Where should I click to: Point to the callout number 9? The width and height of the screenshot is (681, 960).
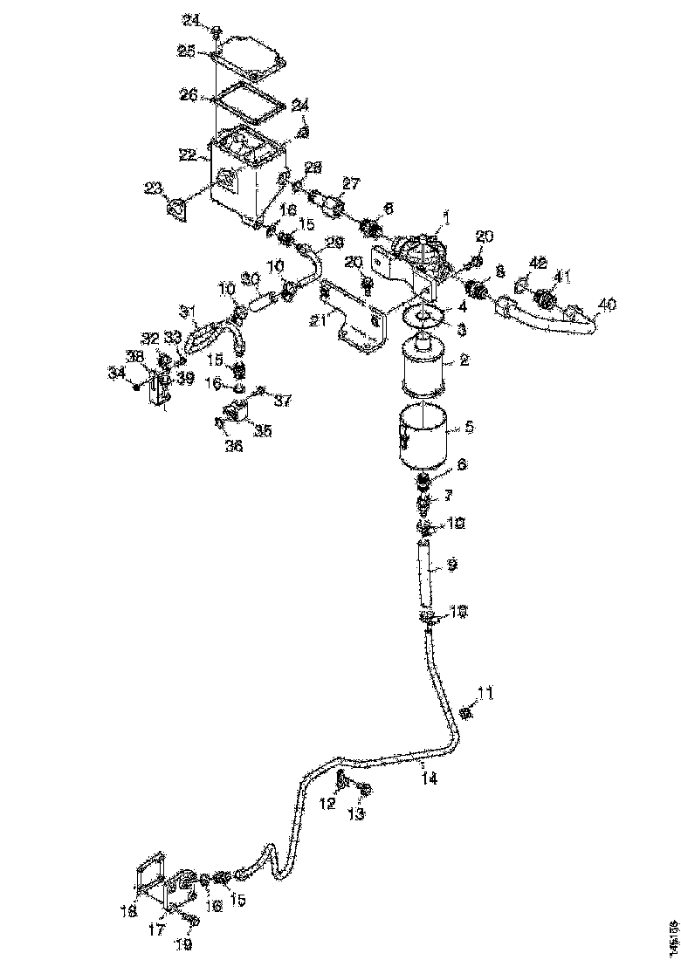point(451,566)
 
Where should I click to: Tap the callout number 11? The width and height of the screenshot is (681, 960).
point(485,695)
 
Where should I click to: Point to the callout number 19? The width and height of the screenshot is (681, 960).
point(184,944)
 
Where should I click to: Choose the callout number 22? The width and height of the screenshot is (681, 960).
point(186,154)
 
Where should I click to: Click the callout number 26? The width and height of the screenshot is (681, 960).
point(188,95)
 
